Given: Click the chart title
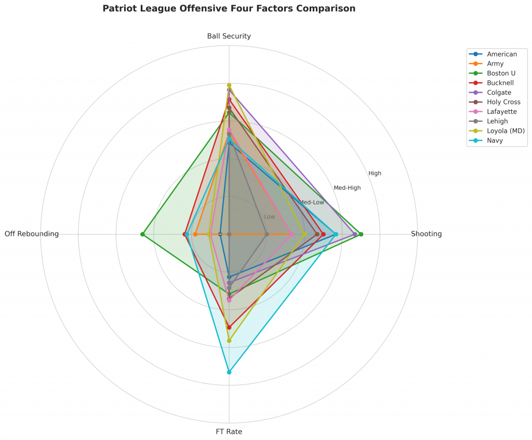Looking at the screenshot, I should pos(229,9).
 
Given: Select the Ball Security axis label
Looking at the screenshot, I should pos(229,36).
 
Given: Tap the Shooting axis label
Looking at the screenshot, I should pos(426,234).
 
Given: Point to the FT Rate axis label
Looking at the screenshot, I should pos(229,432).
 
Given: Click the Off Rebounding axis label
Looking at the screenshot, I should pos(32,234).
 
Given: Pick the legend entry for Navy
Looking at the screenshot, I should pos(495,140).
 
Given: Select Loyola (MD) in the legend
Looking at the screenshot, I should pos(506,131).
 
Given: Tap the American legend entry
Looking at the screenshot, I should pos(502,54).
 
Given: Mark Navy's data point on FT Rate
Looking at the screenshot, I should pos(229,372).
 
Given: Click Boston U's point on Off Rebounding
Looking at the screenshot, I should pos(142,234).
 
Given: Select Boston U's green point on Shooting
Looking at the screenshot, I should pos(361,234).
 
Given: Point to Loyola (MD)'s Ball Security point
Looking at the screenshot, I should pos(229,85).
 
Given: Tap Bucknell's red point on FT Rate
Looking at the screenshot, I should pos(229,327).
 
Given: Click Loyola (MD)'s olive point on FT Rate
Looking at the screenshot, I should pos(229,341).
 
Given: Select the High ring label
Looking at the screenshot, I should pos(375,173).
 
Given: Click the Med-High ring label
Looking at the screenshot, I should pos(347,188).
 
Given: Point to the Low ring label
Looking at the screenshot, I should pos(270,217).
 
